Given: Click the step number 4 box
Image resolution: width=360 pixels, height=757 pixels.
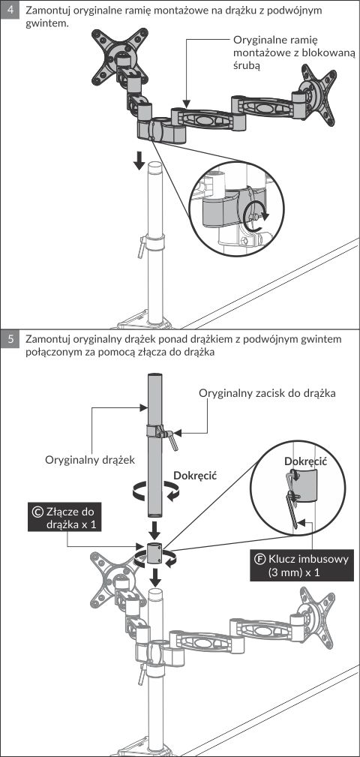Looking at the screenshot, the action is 10,11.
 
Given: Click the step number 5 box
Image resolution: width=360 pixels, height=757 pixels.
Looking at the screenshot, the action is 10,339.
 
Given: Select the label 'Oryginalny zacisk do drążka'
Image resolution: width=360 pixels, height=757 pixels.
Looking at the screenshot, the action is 267,393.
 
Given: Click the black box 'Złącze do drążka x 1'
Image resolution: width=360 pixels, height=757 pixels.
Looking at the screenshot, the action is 64,517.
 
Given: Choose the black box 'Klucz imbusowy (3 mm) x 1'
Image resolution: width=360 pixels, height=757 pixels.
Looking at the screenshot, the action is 298,566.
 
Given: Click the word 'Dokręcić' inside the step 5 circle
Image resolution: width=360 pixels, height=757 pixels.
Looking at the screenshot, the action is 306,461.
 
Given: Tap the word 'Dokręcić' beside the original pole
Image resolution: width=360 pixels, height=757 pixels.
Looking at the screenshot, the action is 194,475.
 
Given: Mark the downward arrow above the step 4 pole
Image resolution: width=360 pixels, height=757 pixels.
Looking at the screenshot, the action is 139,161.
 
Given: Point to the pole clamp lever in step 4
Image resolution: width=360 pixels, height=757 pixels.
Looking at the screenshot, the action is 141,247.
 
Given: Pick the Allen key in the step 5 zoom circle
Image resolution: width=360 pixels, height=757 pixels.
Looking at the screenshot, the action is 292,499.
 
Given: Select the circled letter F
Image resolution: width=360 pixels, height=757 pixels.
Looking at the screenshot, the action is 260,560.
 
